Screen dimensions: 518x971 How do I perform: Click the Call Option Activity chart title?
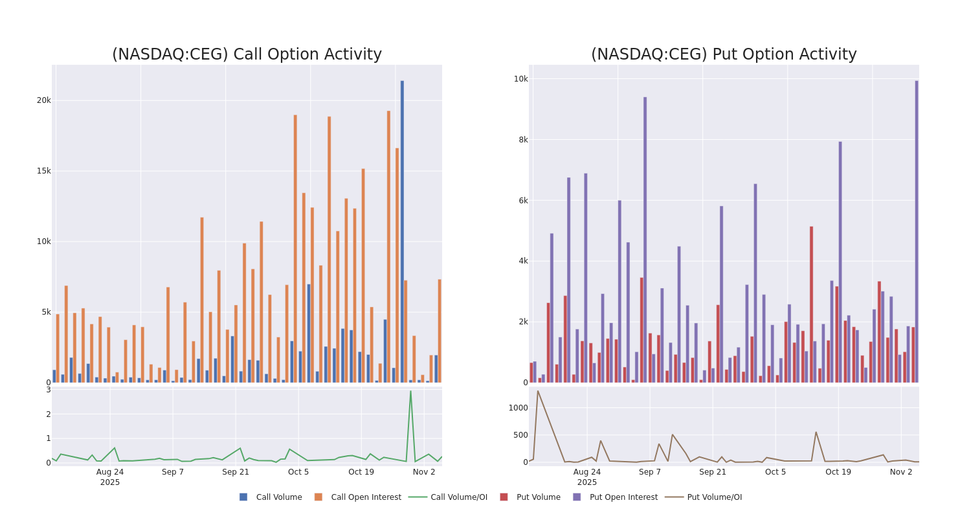[x=247, y=54]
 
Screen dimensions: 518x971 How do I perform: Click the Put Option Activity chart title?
[x=723, y=54]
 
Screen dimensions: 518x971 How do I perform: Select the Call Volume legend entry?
[x=271, y=497]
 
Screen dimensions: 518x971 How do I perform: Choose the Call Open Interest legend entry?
[x=357, y=497]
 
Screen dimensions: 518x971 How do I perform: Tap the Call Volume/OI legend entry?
[x=448, y=497]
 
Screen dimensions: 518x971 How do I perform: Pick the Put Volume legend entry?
[x=530, y=497]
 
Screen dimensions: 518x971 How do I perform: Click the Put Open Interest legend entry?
[x=615, y=497]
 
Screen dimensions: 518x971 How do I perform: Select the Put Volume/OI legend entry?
[x=705, y=497]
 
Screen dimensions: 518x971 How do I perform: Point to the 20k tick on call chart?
[x=43, y=100]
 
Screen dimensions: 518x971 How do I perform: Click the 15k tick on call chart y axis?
[x=43, y=171]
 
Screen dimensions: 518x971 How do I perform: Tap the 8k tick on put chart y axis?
[x=521, y=140]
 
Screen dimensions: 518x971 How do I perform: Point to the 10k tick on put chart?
[x=521, y=79]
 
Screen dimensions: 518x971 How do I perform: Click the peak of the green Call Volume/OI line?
[x=410, y=391]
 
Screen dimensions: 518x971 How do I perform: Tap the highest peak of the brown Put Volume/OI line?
[x=537, y=391]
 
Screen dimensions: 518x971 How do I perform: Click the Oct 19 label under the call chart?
[x=361, y=472]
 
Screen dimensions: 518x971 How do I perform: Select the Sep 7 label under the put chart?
[x=650, y=472]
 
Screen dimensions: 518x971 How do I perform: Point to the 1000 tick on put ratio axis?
[x=518, y=408]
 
